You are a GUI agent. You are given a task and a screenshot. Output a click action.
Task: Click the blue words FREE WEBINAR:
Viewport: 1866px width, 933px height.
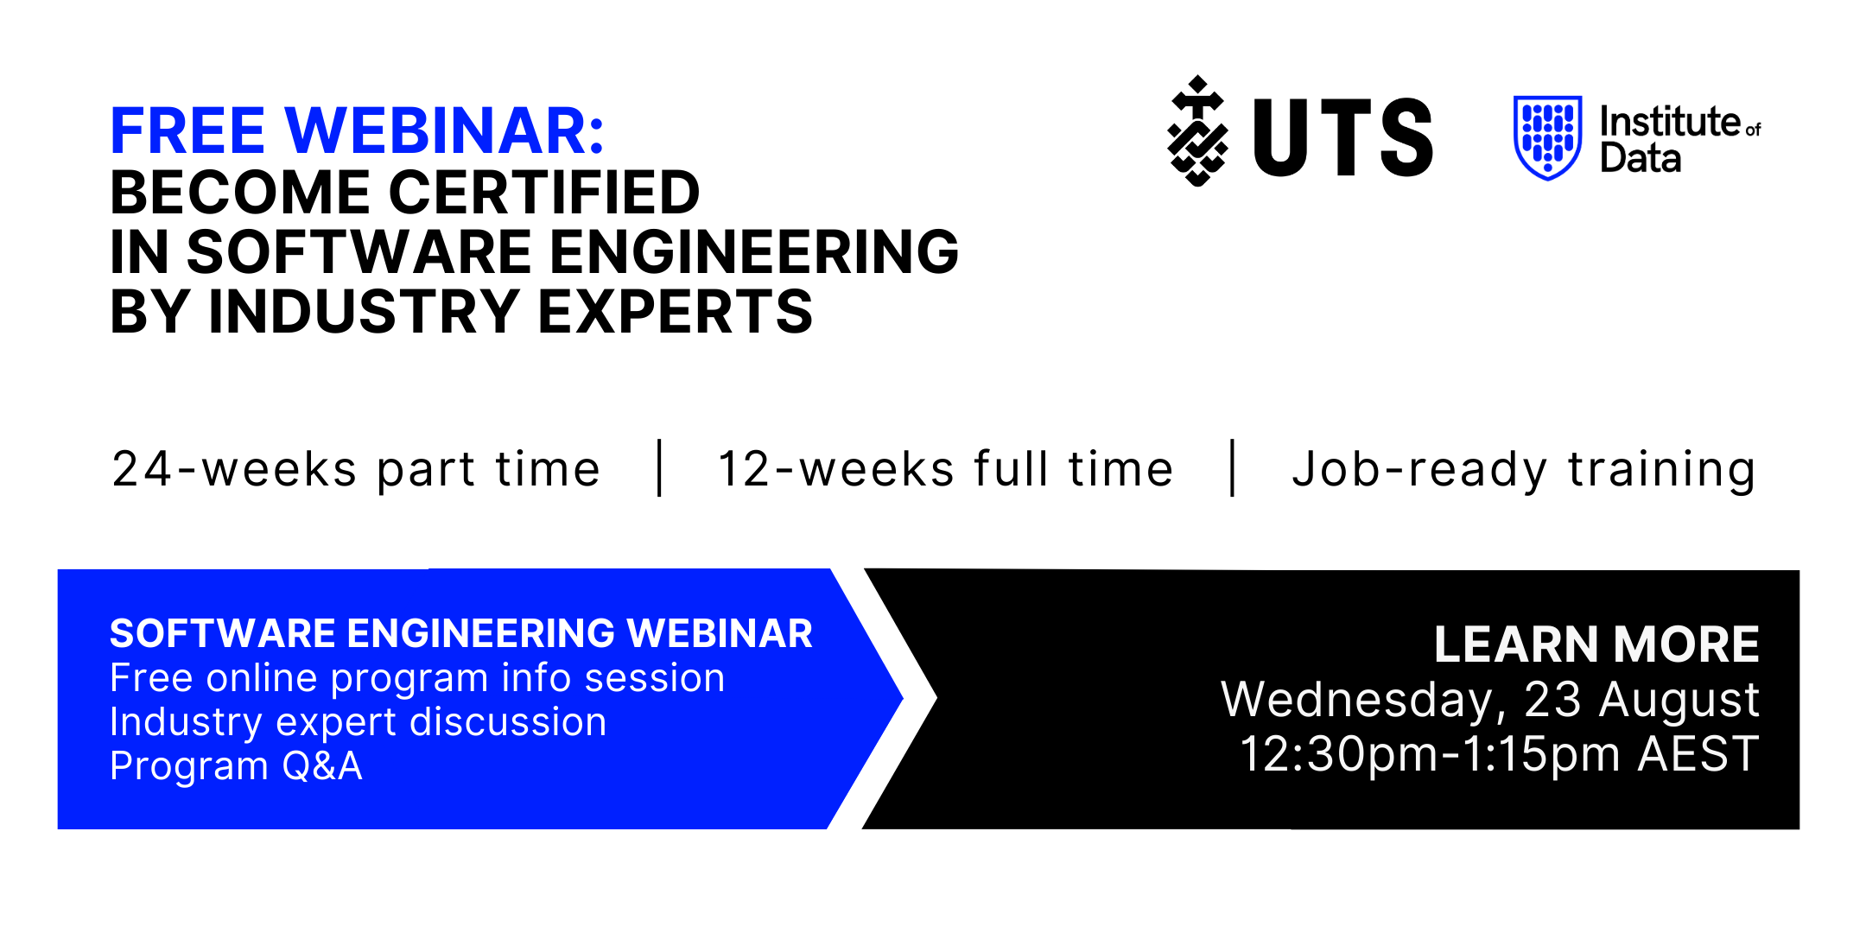tap(358, 131)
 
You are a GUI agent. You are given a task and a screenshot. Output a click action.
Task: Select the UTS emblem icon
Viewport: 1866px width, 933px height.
tap(1197, 130)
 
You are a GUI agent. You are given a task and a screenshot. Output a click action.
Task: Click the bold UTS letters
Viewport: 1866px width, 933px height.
tap(1342, 137)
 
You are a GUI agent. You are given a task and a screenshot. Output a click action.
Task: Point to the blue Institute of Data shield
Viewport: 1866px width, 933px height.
tap(1547, 137)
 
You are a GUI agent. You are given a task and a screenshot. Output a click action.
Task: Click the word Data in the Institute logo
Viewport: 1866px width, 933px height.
tap(1641, 158)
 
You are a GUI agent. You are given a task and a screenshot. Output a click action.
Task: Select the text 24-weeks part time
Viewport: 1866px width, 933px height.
tap(356, 470)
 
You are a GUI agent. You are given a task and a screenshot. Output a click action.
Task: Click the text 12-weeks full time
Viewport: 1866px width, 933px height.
tap(945, 469)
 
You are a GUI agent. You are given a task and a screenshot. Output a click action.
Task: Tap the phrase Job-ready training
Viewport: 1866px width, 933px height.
tap(1524, 470)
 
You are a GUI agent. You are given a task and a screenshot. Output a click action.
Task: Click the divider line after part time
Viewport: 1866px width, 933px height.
tap(660, 468)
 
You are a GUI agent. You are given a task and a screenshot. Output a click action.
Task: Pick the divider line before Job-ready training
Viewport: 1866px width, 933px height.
tap(1233, 468)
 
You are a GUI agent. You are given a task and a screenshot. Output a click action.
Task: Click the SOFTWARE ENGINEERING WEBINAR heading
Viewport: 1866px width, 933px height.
tap(461, 633)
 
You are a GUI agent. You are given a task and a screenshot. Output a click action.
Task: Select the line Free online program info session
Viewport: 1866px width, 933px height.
tap(417, 678)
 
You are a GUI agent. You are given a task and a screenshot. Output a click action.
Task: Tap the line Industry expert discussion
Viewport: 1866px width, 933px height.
tap(359, 722)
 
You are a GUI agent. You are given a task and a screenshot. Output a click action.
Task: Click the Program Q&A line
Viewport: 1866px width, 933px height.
tap(236, 766)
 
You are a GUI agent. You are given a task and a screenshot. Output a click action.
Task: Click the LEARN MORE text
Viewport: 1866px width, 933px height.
tap(1596, 644)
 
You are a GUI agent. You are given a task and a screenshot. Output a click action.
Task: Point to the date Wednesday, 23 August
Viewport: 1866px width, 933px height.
tap(1490, 700)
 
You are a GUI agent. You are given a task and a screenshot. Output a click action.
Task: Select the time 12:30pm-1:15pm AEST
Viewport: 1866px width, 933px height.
tap(1500, 754)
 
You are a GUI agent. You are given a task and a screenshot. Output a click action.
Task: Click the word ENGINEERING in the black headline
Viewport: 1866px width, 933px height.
tap(754, 252)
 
